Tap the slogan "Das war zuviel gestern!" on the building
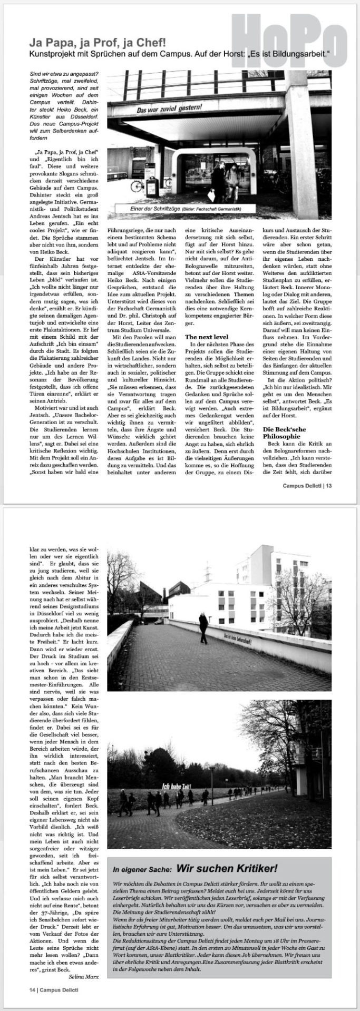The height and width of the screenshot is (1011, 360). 169,111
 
